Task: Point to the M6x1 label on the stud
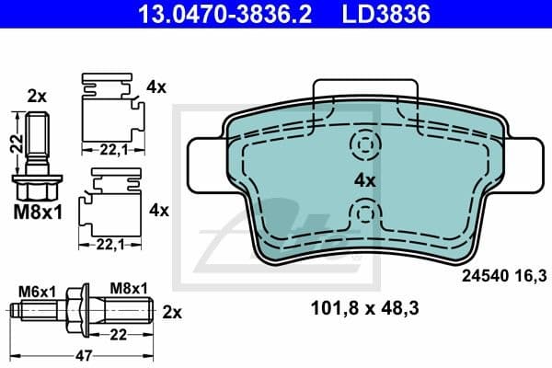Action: tap(40, 291)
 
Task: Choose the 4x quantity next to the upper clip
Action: tap(156, 87)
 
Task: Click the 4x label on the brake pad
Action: tap(366, 181)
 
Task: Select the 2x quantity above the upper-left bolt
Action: tap(37, 95)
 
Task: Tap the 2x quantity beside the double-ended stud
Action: tap(172, 311)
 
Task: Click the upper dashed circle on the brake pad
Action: tap(365, 144)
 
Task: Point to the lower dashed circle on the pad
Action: tap(365, 215)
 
